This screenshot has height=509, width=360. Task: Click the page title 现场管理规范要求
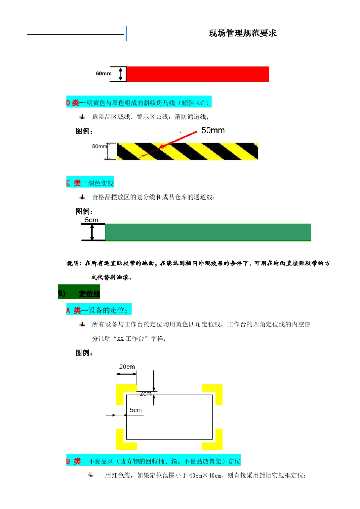pyautogui.click(x=243, y=33)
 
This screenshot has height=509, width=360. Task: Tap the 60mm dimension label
pyautogui.click(x=103, y=73)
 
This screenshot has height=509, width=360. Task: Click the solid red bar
pyautogui.click(x=197, y=74)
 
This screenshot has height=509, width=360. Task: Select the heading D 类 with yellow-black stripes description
pyautogui.click(x=138, y=102)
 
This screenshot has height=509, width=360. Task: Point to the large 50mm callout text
pyautogui.click(x=213, y=131)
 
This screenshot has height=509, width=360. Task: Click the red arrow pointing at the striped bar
pyautogui.click(x=178, y=140)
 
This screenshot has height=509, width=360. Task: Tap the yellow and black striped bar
pyautogui.click(x=188, y=151)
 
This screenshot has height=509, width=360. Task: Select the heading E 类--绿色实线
pyautogui.click(x=90, y=183)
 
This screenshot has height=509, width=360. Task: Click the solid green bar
pyautogui.click(x=208, y=233)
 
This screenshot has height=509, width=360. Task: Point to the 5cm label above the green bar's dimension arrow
pyautogui.click(x=91, y=220)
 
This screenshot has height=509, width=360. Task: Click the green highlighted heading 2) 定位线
pyautogui.click(x=79, y=294)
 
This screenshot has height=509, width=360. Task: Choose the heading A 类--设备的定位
pyautogui.click(x=99, y=310)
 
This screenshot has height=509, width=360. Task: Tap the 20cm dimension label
pyautogui.click(x=127, y=367)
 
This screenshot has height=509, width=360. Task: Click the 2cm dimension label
pyautogui.click(x=146, y=394)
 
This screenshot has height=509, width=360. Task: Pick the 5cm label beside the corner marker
pyautogui.click(x=136, y=410)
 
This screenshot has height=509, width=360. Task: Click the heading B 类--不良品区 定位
pyautogui.click(x=153, y=461)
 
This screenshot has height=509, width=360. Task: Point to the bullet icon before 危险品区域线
pyautogui.click(x=82, y=117)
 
